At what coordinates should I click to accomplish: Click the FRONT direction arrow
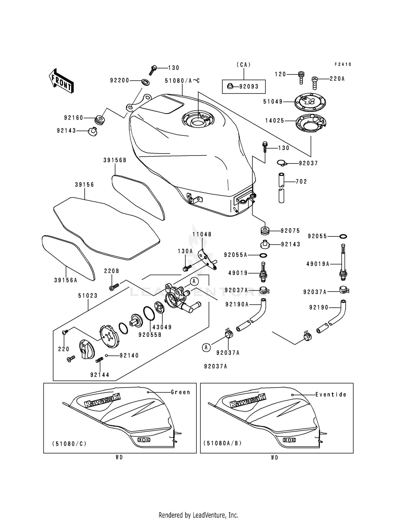[61, 81]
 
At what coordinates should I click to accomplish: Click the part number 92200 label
[120, 80]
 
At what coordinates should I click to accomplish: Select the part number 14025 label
[275, 121]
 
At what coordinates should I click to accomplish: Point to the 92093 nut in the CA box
[230, 86]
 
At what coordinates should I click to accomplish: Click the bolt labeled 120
[301, 77]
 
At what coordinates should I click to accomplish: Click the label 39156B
[115, 160]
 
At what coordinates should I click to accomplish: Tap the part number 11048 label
[202, 234]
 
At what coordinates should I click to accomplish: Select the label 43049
[162, 327]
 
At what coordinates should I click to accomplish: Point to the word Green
[181, 392]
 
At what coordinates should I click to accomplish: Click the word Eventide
[331, 394]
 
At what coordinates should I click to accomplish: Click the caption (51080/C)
[69, 443]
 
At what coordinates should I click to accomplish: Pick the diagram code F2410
[343, 64]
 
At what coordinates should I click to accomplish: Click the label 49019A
[318, 264]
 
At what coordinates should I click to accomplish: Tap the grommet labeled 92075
[265, 230]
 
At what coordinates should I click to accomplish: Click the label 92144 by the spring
[100, 375]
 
